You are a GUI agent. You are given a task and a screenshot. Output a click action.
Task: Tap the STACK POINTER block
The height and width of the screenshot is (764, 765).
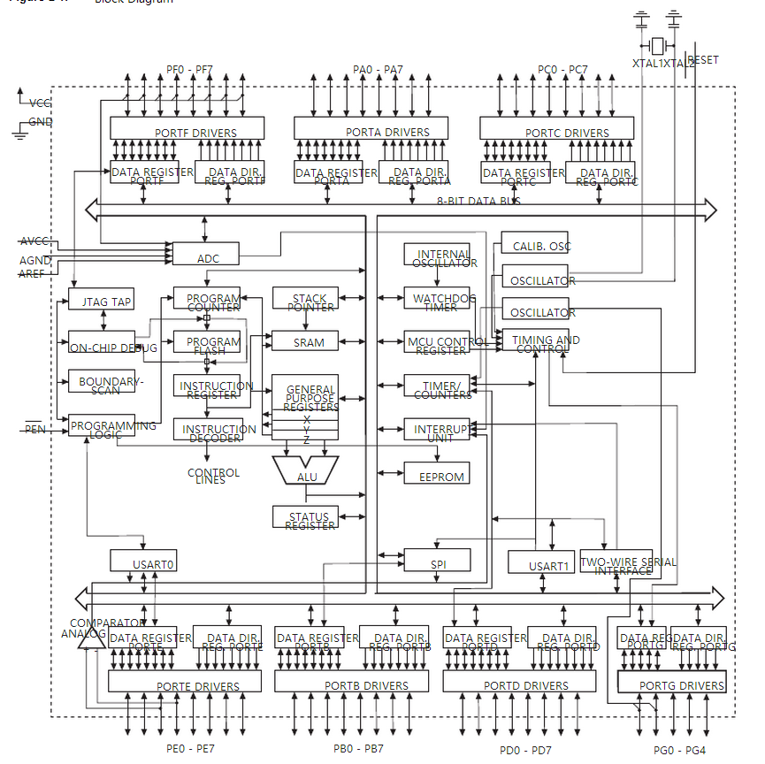(x=305, y=299)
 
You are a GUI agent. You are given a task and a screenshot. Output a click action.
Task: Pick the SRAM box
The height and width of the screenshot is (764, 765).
(x=305, y=341)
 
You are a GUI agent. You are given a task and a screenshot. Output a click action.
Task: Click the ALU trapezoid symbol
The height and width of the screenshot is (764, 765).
(x=306, y=470)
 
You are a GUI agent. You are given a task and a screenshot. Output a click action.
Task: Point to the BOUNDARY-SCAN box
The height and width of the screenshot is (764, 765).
(x=102, y=383)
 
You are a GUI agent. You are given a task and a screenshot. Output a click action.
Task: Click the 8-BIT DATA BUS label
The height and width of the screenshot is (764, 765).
(x=478, y=202)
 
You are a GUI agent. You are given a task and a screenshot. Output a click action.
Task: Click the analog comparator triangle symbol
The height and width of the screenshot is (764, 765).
(x=86, y=639)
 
